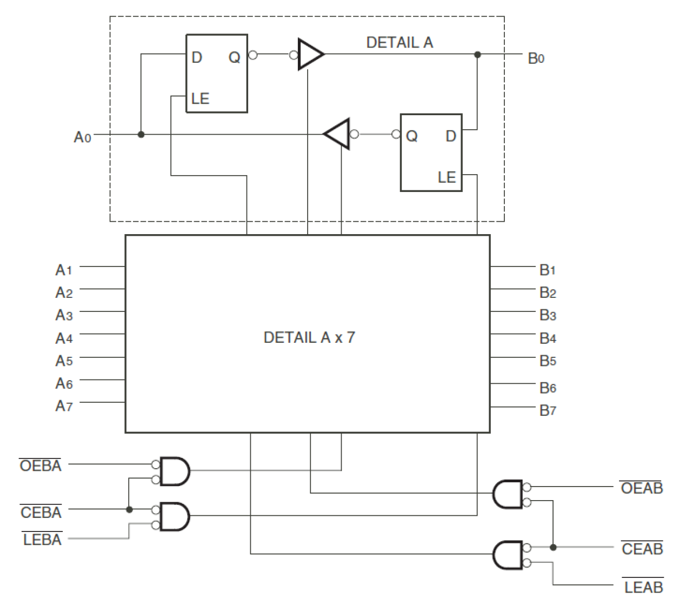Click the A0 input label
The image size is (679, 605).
[82, 137]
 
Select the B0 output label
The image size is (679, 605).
[536, 58]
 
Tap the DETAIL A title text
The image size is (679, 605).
[400, 43]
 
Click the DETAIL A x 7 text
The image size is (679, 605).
[309, 337]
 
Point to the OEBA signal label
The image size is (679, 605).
[41, 466]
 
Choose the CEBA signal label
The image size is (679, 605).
[41, 512]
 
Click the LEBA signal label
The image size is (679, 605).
[42, 540]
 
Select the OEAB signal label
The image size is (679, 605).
[642, 488]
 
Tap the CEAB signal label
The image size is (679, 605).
[642, 549]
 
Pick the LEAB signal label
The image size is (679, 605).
[643, 587]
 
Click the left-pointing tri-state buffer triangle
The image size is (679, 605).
[338, 134]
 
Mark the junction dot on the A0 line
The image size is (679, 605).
[141, 134]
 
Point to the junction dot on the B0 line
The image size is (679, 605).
[477, 55]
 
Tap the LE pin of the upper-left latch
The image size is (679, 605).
[200, 98]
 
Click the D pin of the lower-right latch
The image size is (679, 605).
[450, 136]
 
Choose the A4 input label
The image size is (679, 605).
[64, 338]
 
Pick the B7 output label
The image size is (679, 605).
[548, 410]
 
